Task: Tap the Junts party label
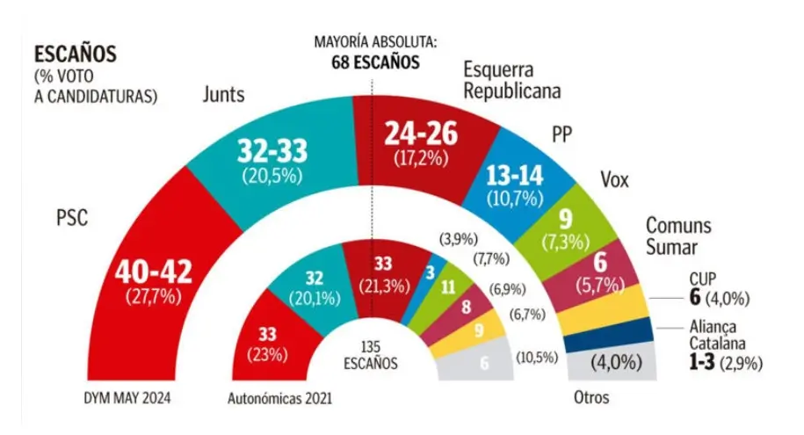pyautogui.click(x=223, y=94)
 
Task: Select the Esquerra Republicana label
pyautogui.click(x=512, y=80)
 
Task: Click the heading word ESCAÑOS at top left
pyautogui.click(x=75, y=53)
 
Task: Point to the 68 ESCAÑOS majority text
pyautogui.click(x=375, y=62)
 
